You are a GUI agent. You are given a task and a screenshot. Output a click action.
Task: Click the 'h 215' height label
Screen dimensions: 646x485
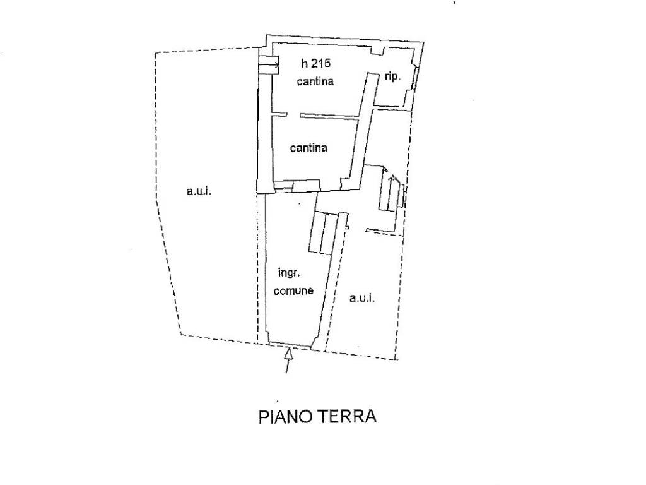(316, 63)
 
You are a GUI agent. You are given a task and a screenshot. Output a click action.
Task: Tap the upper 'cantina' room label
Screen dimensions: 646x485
(315, 81)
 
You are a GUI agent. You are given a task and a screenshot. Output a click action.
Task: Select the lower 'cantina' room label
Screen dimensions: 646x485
(308, 148)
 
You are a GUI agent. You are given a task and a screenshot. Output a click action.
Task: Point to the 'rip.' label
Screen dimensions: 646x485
(392, 76)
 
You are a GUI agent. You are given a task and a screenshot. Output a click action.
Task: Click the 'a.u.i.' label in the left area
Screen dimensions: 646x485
(199, 191)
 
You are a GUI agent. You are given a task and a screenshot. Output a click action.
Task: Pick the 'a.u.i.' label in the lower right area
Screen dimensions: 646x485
(362, 298)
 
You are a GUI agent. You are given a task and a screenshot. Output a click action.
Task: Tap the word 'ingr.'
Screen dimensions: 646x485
(289, 273)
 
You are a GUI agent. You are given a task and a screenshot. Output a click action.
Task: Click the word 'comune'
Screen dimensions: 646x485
(293, 290)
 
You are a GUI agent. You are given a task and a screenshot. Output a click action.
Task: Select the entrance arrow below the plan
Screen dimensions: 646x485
(288, 361)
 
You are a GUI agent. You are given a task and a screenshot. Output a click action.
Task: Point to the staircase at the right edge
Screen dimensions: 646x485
(391, 191)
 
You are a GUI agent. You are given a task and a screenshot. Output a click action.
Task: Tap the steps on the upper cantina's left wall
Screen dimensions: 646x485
(269, 65)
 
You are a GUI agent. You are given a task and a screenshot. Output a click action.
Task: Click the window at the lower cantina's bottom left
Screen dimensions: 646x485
(283, 186)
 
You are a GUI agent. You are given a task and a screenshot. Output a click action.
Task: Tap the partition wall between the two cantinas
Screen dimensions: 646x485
(329, 116)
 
